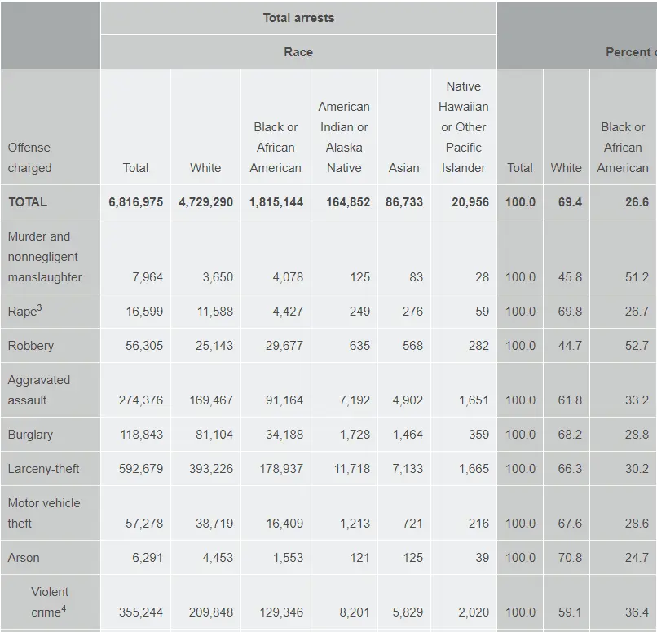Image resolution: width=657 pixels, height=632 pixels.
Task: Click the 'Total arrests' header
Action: tap(298, 17)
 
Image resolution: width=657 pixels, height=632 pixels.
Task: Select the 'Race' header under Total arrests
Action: tap(298, 51)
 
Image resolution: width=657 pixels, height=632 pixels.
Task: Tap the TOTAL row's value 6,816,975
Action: tap(135, 202)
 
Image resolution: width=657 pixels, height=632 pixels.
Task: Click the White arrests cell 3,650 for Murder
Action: tap(218, 277)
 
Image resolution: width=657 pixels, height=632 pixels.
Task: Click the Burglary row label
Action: tap(30, 435)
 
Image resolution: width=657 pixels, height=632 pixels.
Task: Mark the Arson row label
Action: tap(24, 558)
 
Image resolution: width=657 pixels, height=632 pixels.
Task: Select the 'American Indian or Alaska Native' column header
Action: tap(344, 137)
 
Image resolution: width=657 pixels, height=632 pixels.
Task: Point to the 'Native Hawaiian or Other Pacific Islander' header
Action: tap(464, 127)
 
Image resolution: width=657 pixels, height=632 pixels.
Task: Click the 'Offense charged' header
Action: tap(29, 157)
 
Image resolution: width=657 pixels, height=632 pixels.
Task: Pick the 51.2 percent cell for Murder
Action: tap(637, 277)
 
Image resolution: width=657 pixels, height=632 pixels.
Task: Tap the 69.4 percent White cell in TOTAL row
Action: tap(570, 202)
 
